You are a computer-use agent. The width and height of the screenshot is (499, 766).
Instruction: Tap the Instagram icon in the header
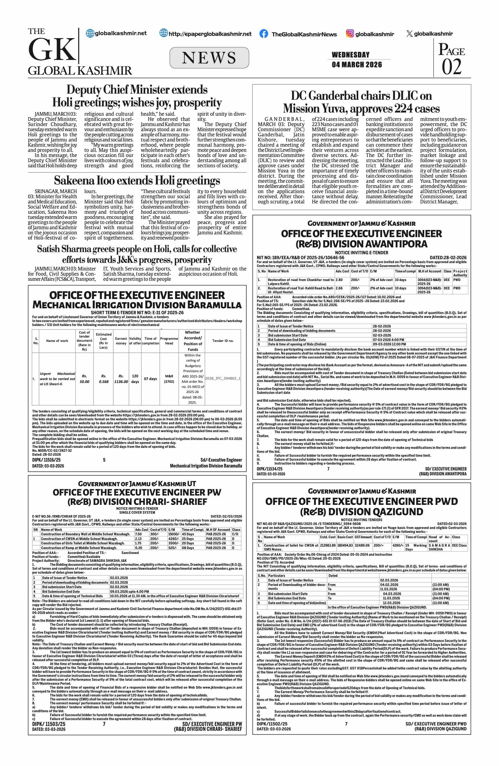point(350,33)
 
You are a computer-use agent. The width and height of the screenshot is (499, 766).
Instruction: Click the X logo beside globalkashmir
point(409,34)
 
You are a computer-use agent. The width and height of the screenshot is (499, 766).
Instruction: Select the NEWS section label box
point(209,58)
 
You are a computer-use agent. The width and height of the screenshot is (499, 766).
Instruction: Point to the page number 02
point(451,67)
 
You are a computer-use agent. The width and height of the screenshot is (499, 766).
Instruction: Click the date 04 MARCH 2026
point(357,65)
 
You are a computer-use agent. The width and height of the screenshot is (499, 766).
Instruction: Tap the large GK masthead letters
point(52,50)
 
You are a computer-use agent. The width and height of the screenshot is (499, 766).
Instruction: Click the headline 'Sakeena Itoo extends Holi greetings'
point(137,181)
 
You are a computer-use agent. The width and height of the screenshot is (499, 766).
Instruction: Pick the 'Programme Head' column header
point(169,341)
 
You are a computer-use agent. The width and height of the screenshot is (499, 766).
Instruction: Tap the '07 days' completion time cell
point(150,379)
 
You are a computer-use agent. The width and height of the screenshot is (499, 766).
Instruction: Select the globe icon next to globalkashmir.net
point(90,33)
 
